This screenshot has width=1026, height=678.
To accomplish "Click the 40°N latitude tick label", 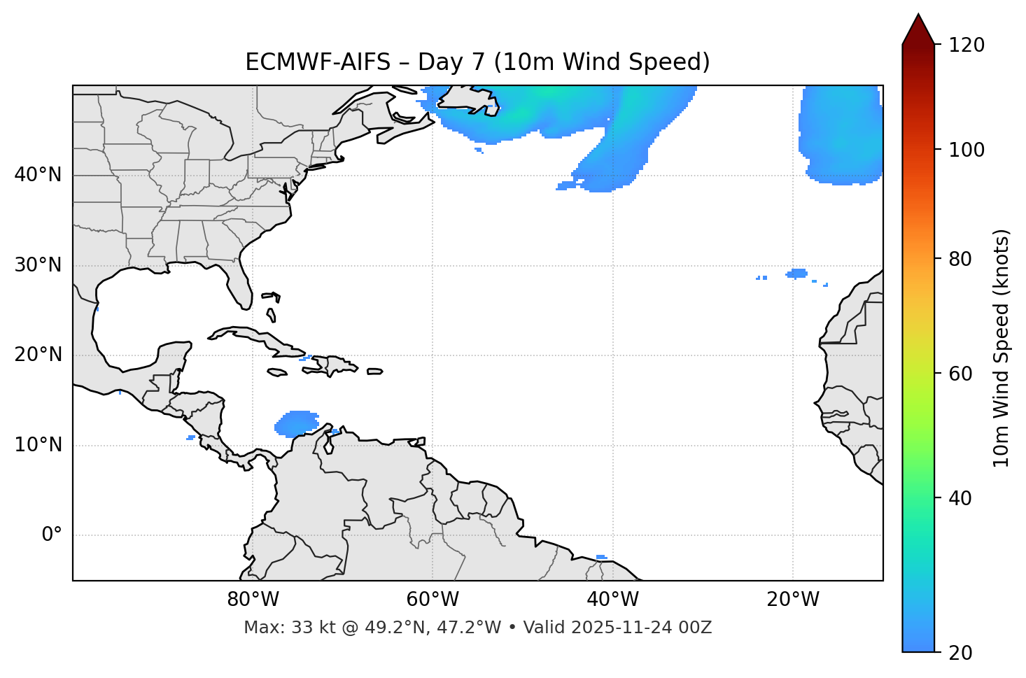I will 38,175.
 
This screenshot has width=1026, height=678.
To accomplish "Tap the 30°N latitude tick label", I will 38,265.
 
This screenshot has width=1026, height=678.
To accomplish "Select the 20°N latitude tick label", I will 38,355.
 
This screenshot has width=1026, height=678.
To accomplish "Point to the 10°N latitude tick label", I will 38,445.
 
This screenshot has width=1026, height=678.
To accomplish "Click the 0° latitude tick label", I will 52,535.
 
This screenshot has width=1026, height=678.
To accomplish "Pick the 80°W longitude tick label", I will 253,600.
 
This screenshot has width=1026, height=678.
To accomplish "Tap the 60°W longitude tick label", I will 433,600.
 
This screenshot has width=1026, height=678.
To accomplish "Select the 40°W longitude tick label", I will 612,600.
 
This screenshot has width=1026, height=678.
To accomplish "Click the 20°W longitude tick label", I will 792,600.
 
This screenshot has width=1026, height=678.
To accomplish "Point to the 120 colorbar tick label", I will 967,45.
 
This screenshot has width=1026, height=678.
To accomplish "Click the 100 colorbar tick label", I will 967,150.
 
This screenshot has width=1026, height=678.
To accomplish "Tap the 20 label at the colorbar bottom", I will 960,653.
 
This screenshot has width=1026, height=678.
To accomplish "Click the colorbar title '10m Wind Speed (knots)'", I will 1002,348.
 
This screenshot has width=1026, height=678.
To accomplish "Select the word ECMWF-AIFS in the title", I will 318,62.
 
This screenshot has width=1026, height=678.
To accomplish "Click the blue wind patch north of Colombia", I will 297,423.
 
